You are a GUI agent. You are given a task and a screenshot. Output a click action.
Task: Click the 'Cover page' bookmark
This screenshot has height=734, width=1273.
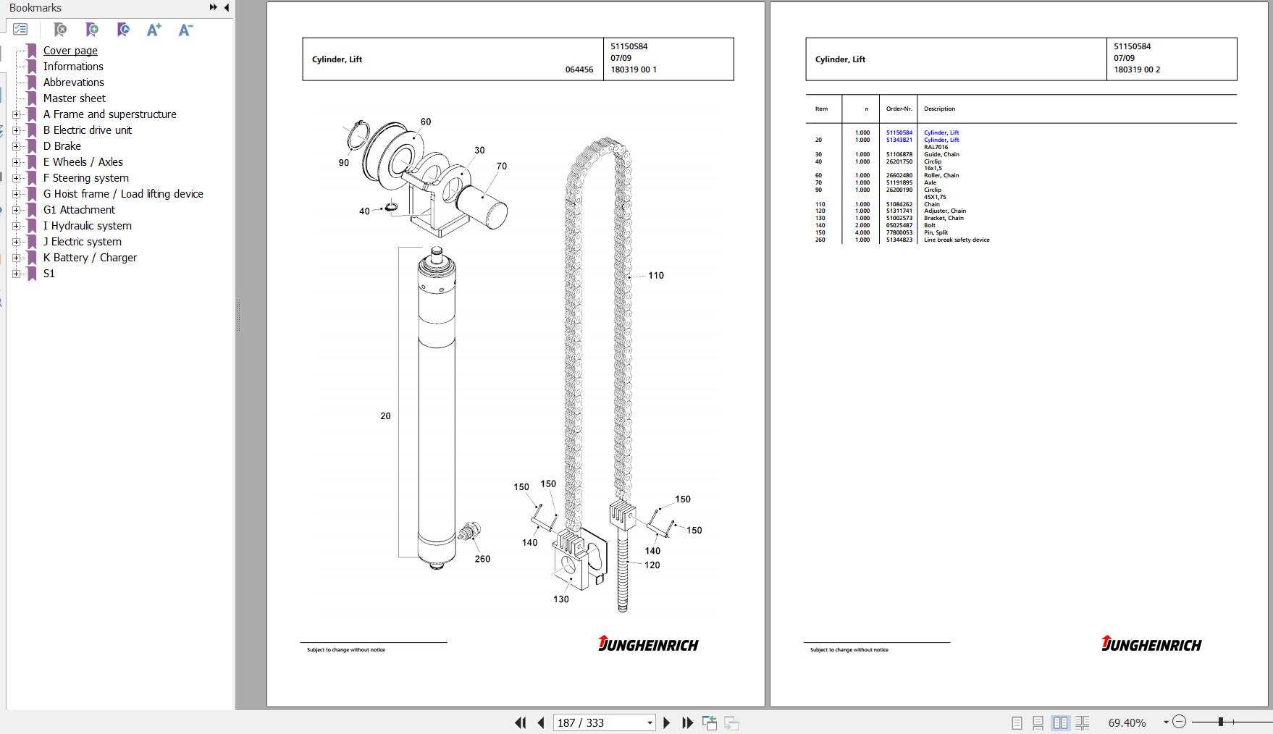(70, 51)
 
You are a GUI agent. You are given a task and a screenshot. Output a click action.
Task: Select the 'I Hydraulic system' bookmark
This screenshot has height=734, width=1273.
(88, 226)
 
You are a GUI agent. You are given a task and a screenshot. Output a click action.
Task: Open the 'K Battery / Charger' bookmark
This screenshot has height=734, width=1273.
(90, 258)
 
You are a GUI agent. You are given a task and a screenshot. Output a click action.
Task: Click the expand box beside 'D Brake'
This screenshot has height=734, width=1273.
(17, 146)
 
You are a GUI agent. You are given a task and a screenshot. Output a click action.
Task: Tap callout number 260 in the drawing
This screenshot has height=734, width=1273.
(482, 559)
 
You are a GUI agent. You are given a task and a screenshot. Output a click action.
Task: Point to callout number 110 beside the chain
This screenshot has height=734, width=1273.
(656, 275)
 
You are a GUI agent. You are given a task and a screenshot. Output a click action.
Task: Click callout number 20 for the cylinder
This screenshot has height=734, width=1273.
(385, 415)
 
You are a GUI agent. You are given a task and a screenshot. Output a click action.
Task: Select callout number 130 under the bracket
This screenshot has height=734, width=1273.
(561, 599)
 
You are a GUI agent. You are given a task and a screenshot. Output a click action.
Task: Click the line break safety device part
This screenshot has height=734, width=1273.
(469, 533)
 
